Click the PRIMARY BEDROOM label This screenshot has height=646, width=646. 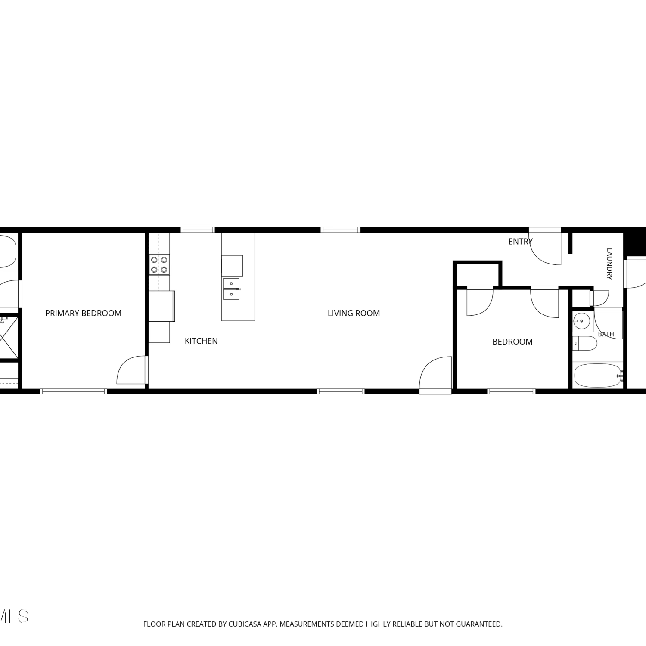[x=83, y=313]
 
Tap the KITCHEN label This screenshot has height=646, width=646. [x=201, y=341]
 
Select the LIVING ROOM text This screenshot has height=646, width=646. [x=354, y=313]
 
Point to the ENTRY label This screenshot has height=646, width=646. [x=520, y=242]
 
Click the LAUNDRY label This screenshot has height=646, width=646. [x=609, y=264]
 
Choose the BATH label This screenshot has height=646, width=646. [x=606, y=334]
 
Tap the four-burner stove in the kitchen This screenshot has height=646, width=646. [x=159, y=264]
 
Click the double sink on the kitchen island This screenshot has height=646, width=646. [x=232, y=289]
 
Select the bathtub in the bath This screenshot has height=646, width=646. [x=598, y=376]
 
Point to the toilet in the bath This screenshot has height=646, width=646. [x=585, y=344]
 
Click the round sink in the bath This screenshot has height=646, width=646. [x=582, y=320]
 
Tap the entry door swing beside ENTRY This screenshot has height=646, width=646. [x=546, y=248]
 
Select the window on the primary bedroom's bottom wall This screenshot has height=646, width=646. [x=73, y=391]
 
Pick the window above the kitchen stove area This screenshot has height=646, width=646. [x=198, y=230]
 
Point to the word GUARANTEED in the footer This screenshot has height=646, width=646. [x=480, y=624]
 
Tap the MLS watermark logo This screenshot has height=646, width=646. [x=14, y=616]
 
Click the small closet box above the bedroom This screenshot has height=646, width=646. [x=478, y=274]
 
